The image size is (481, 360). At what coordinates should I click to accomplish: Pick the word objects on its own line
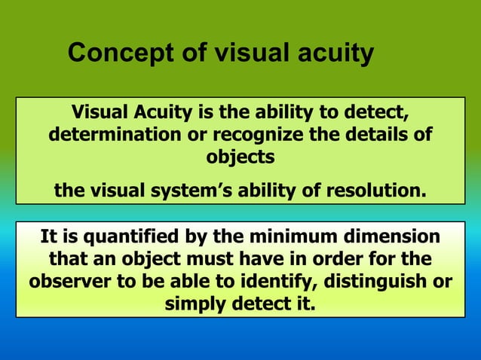click(240, 159)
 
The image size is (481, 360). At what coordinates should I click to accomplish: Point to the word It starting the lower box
click(49, 237)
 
